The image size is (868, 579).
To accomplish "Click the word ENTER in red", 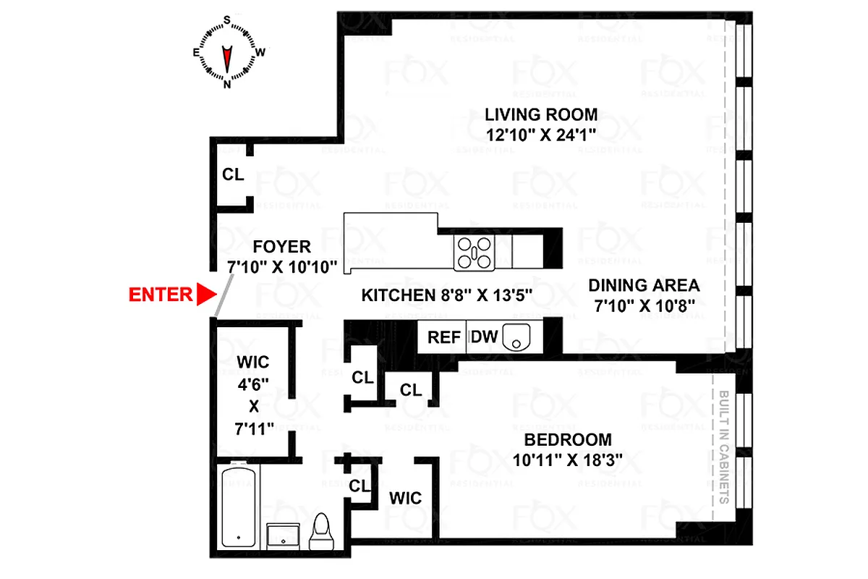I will pos(161,295).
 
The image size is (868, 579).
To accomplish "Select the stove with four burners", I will pos(474,253).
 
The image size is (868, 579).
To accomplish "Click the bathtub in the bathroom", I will pos(238,506).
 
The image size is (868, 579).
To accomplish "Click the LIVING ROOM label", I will pos(541,114).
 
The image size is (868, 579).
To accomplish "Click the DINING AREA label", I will pos(643,284).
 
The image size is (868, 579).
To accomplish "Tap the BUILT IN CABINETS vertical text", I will pos(723,448).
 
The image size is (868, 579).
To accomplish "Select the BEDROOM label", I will pos(568,439).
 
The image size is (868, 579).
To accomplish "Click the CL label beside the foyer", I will pos(232,174).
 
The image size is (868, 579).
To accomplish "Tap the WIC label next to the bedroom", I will pos(405,499).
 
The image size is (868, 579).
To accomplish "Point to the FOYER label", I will pos(282,247).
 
